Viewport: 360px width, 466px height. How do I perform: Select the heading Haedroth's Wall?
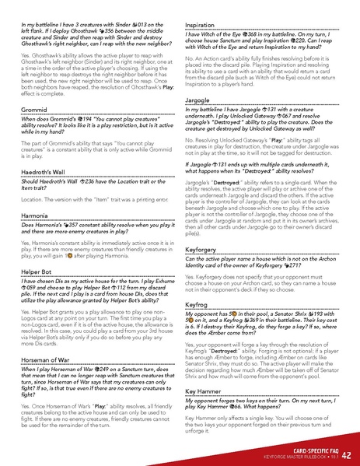pyautogui.click(x=47, y=170)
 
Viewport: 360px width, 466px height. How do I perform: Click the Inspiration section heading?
pyautogui.click(x=205, y=26)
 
